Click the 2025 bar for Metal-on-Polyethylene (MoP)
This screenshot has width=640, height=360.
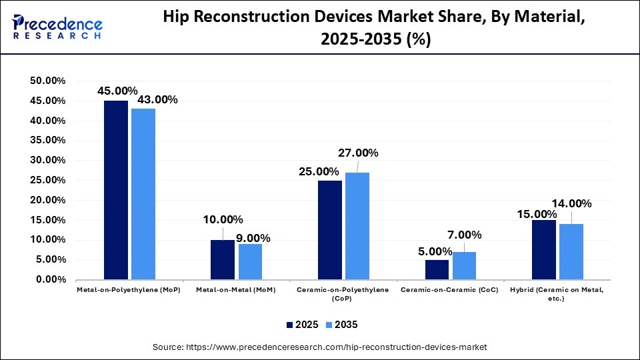[x=116, y=190]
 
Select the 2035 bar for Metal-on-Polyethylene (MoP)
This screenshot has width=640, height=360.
[x=143, y=194]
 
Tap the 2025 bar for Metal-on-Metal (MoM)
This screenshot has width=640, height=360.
[x=223, y=259]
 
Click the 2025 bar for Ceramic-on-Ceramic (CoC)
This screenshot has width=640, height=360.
[x=437, y=269]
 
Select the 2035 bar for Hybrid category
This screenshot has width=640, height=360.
[x=571, y=251]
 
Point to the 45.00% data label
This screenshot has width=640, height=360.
[x=117, y=91]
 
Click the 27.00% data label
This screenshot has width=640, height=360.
[x=358, y=153]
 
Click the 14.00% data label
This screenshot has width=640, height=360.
[x=571, y=203]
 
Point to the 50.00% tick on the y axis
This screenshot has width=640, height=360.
[x=47, y=81]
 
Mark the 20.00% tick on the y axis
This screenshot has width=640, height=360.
[x=47, y=200]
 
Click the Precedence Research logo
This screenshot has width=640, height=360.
[x=57, y=27]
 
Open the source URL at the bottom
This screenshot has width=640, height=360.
[x=320, y=347]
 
